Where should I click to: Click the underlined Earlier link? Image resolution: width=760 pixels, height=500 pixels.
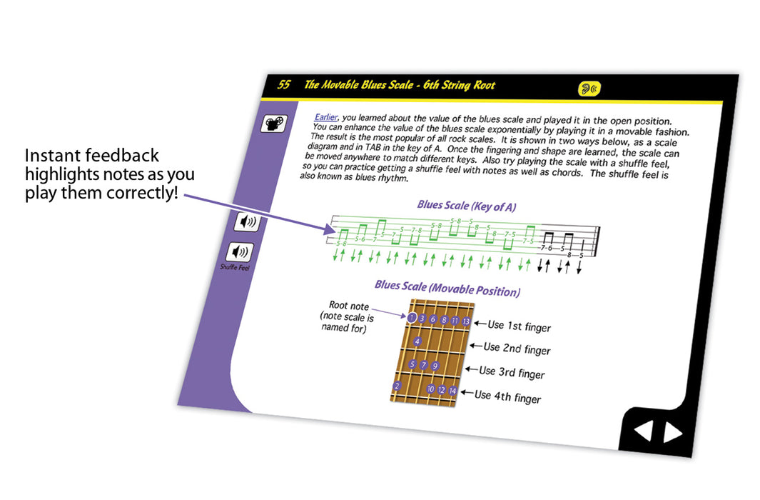coord(325,117)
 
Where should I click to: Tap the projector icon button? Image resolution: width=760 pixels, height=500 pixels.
coord(274,124)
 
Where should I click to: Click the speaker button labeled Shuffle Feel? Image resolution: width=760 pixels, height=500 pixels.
coord(240,251)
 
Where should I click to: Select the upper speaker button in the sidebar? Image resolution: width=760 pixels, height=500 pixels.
coord(248,221)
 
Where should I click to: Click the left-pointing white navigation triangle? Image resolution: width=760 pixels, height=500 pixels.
coord(644,430)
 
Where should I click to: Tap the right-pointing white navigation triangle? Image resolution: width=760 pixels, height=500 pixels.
coord(673,432)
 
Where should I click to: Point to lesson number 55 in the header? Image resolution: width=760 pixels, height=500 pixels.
coord(283,84)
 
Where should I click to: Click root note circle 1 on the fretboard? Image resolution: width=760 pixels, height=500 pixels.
coord(412,317)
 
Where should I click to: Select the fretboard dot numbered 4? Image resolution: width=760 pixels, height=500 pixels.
coord(417,341)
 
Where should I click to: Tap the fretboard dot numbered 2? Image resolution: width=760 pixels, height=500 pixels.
coord(397,386)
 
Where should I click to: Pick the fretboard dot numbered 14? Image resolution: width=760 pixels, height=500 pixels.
coord(452,391)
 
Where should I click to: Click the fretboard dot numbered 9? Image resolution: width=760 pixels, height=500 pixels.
coord(435,366)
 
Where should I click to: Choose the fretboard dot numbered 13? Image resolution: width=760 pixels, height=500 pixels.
coord(466,321)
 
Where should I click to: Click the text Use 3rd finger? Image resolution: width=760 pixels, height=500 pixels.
coord(512,372)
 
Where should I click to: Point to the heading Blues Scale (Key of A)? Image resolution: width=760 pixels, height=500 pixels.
coord(466,206)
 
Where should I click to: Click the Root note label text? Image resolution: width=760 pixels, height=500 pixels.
coord(348,306)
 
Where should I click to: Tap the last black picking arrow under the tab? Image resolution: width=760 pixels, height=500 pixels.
coord(579,266)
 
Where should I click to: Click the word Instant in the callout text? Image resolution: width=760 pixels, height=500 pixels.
coord(52,155)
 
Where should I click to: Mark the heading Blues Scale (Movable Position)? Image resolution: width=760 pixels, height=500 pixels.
coord(447,288)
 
